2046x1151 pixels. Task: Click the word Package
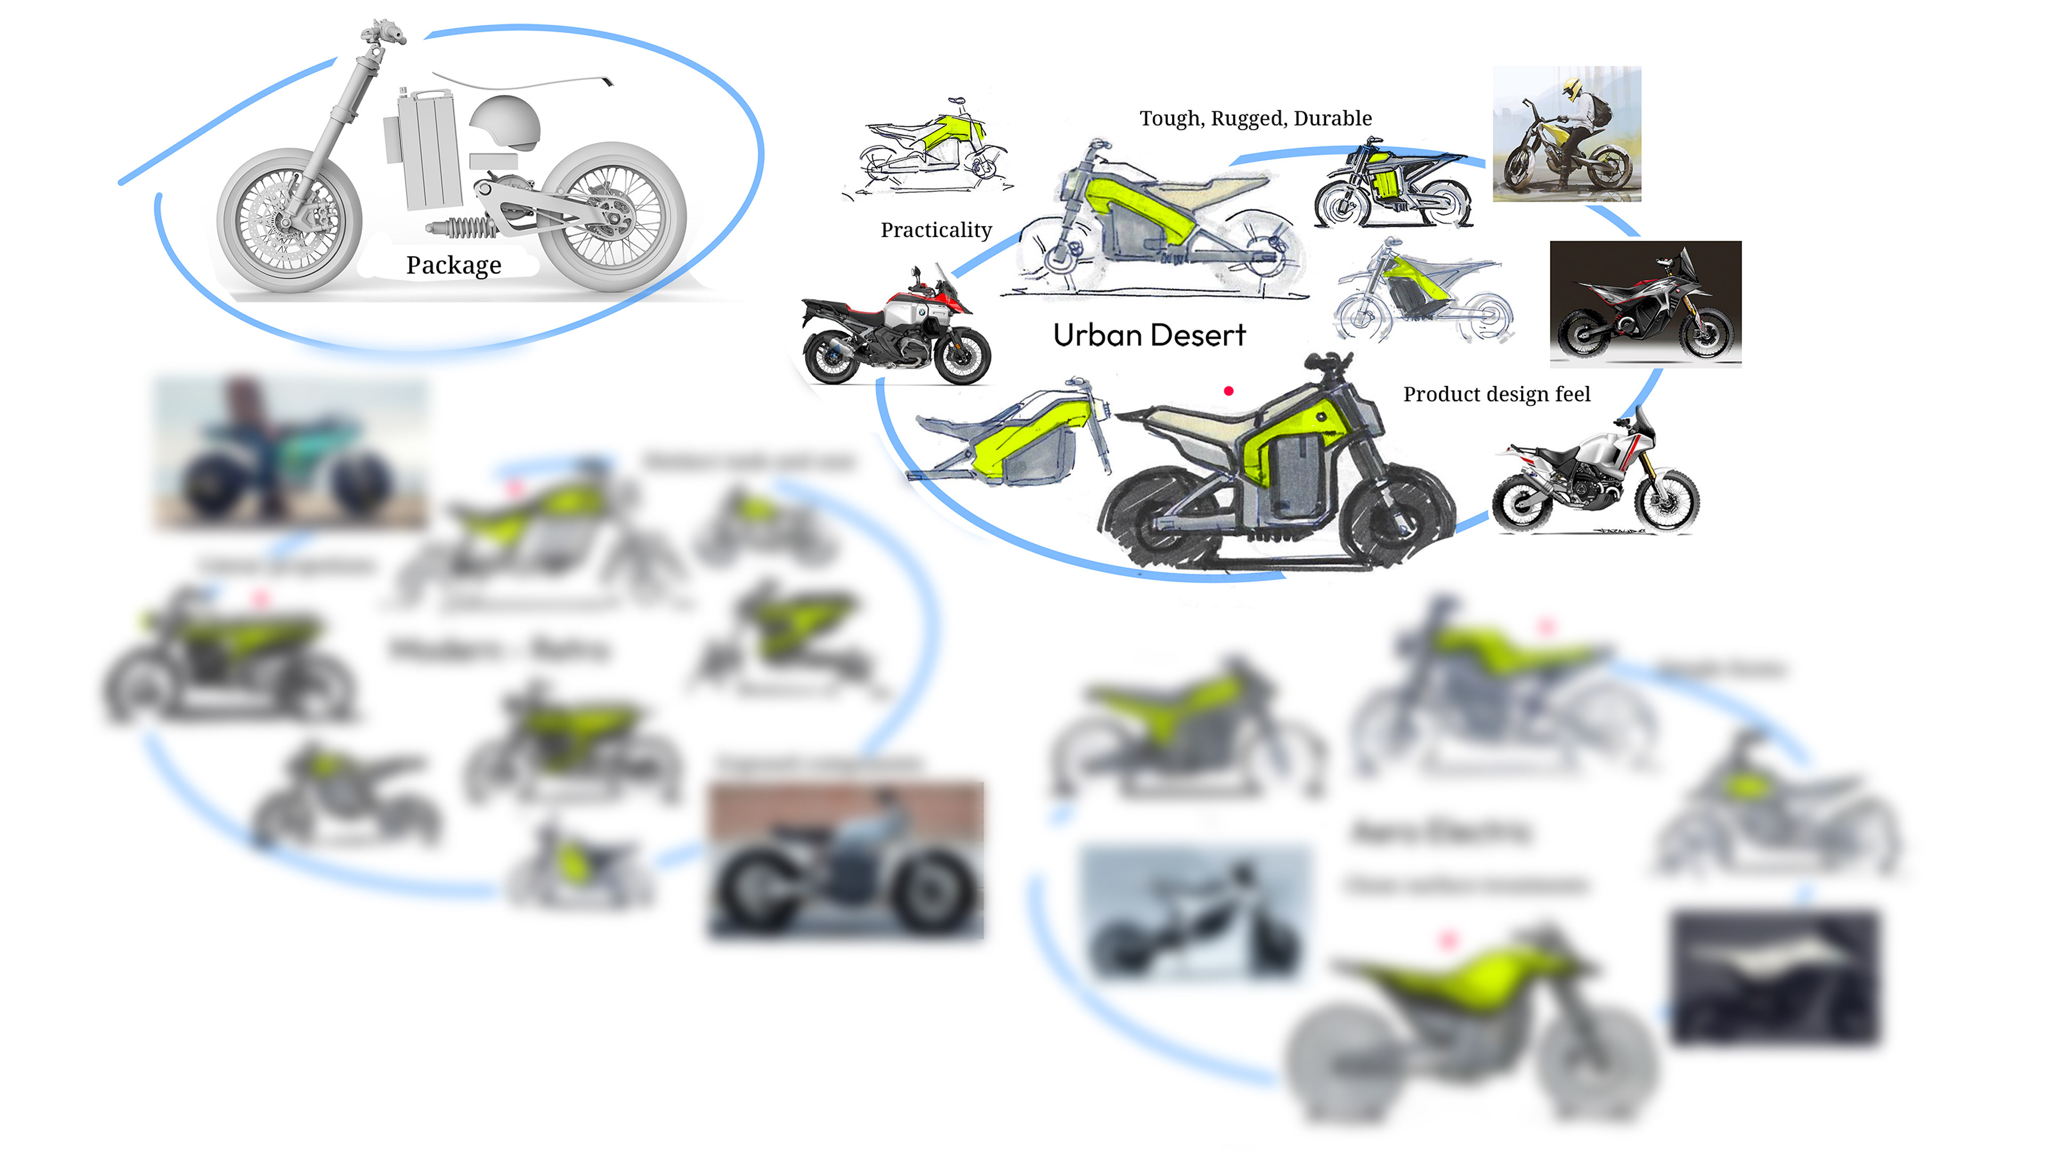tap(453, 265)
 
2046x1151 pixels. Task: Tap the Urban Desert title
tap(1149, 335)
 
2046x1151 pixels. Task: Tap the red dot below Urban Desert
tap(1228, 391)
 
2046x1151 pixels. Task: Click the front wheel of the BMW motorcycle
tap(962, 358)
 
